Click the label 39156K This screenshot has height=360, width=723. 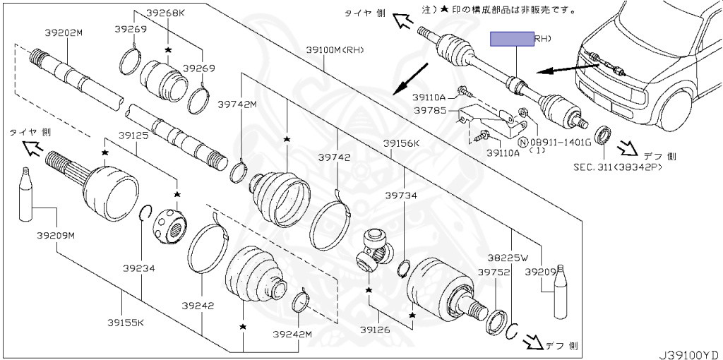click(x=401, y=143)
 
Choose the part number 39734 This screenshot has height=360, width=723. click(x=400, y=195)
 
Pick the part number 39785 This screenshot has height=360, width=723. click(x=429, y=110)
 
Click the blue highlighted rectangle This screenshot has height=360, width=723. click(x=512, y=39)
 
